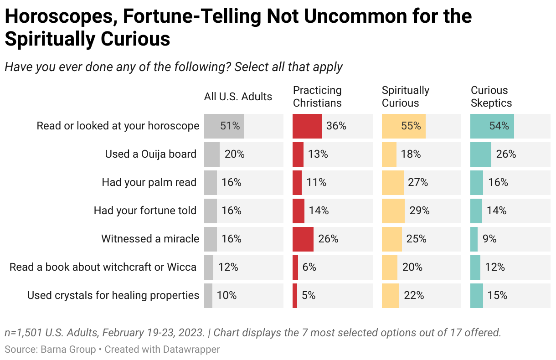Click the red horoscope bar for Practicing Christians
307,126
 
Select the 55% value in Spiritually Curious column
411,126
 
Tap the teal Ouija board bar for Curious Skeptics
480,154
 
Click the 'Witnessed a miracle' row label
150,239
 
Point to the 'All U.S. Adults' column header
238,97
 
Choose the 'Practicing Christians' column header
317,97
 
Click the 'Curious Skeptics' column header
491,97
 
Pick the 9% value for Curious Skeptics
489,239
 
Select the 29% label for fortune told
419,211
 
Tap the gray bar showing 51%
224,126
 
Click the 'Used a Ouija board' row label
150,154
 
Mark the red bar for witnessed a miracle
303,239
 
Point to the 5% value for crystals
308,295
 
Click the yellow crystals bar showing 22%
390,295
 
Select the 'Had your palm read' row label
149,183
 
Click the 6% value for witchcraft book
309,267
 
